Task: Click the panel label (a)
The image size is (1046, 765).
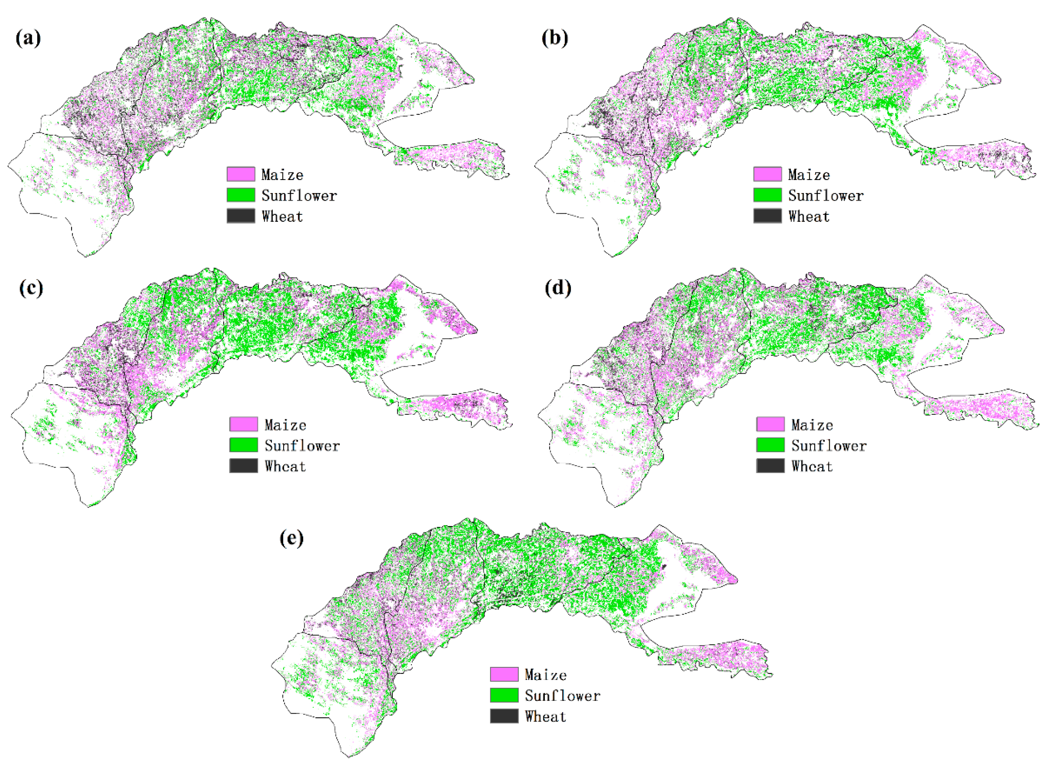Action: (x=28, y=38)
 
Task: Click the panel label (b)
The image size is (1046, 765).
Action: (x=554, y=38)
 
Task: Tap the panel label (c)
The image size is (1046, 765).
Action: (x=31, y=288)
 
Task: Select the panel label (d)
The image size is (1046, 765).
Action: (x=558, y=288)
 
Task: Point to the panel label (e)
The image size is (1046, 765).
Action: (x=291, y=538)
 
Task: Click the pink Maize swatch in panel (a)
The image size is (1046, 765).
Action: (x=241, y=174)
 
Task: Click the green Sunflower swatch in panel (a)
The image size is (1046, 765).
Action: (x=241, y=195)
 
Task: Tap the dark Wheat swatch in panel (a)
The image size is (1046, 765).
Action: (x=241, y=216)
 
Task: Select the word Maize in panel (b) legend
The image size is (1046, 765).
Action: (x=809, y=175)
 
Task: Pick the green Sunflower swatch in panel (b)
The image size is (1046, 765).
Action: (x=768, y=195)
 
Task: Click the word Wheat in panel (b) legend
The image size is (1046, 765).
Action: (x=809, y=216)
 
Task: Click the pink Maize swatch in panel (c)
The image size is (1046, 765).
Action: (x=244, y=424)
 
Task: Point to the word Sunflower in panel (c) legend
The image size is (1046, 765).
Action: (x=302, y=445)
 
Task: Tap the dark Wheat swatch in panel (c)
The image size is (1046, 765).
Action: (x=244, y=466)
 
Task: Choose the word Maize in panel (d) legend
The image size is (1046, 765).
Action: (x=812, y=425)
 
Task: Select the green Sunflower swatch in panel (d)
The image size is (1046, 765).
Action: (x=770, y=445)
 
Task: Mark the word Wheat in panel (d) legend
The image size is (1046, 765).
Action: (x=812, y=466)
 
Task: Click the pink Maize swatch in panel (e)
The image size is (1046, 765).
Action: (x=504, y=674)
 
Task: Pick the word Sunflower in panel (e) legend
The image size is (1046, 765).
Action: (x=562, y=696)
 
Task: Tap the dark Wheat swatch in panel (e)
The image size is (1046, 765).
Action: (x=504, y=716)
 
